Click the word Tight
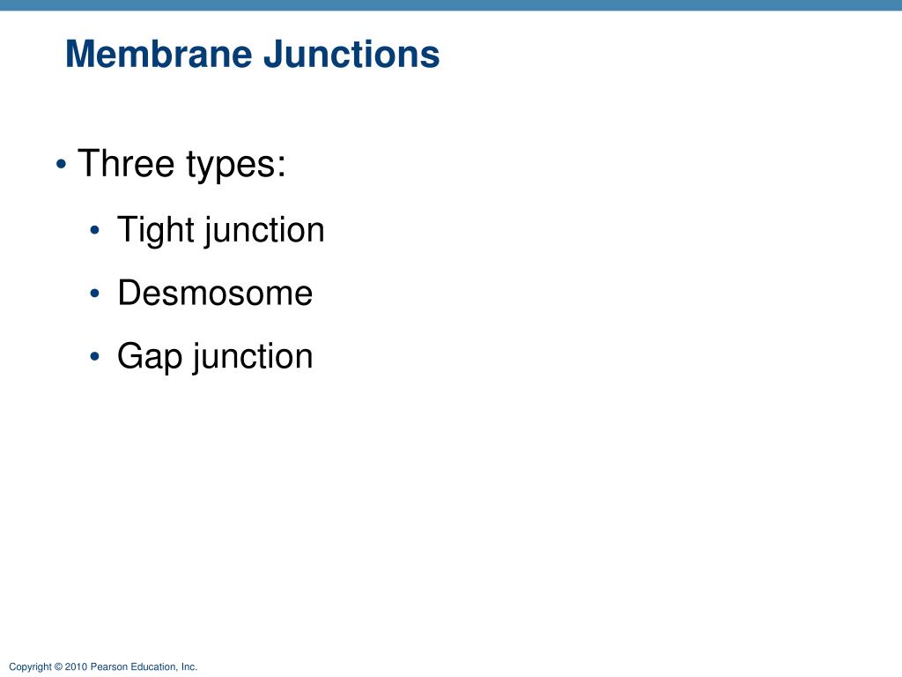click(x=155, y=231)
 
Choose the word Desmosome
click(x=215, y=294)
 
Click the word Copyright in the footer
click(x=30, y=667)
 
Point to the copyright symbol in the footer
click(x=58, y=667)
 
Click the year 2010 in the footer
click(x=76, y=667)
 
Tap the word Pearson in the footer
click(x=107, y=667)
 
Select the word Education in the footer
click(x=151, y=667)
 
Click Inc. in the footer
click(x=189, y=667)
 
